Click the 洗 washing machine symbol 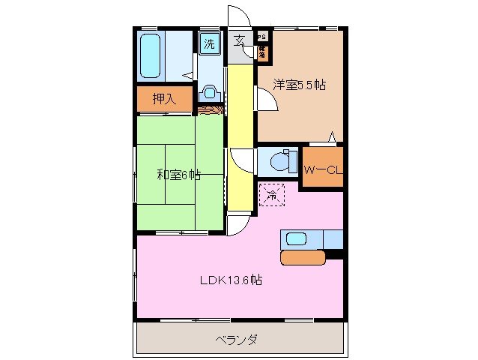pos(209,43)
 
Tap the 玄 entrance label pos(239,41)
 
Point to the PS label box pos(261,36)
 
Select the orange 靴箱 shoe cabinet pos(262,52)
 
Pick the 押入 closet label pos(164,99)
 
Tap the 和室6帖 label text pos(178,175)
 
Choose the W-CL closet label pos(322,170)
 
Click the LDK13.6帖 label pos(230,281)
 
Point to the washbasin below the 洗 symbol pos(211,93)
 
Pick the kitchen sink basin pos(297,240)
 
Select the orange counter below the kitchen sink pos(303,257)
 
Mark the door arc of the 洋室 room pos(267,98)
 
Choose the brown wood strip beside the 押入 pos(210,111)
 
